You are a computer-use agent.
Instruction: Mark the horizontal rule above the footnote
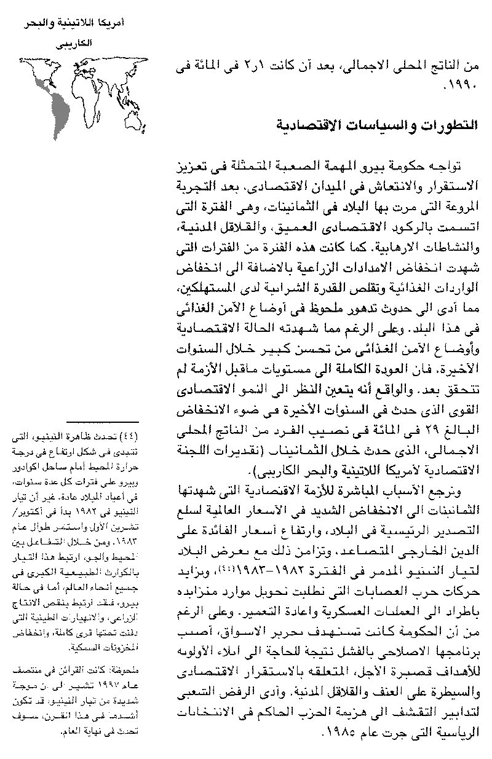(x=102, y=424)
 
